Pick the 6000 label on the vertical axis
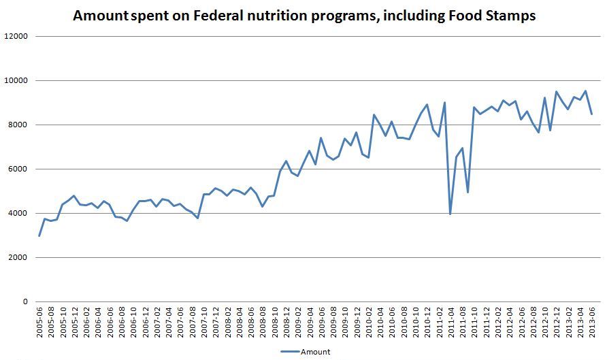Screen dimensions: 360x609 (x=18, y=169)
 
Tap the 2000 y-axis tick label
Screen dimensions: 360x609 (x=18, y=257)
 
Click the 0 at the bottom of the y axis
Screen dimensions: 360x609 (x=24, y=301)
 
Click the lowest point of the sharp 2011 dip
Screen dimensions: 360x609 (x=450, y=214)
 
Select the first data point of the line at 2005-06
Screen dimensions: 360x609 (x=39, y=235)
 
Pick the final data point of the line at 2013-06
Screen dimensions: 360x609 (x=591, y=114)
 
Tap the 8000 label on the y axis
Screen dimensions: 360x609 (x=18, y=125)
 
